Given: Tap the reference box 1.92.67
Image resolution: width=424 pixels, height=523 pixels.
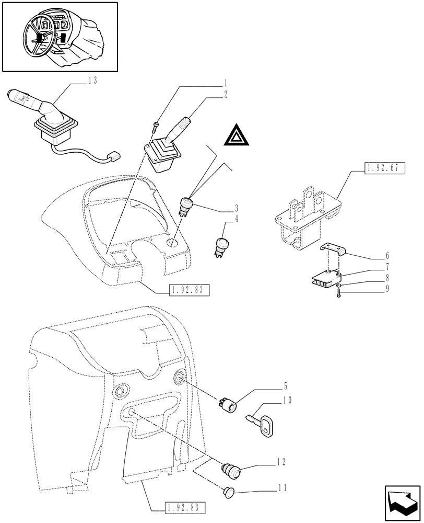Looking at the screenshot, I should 383,169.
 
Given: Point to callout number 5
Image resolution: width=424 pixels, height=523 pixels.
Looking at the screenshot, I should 285,388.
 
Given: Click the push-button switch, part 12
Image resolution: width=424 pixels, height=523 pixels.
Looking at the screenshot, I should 230,470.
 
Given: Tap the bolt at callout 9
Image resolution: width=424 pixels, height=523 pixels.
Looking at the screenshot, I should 339,295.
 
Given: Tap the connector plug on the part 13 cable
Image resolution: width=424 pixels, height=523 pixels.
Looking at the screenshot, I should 113,156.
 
